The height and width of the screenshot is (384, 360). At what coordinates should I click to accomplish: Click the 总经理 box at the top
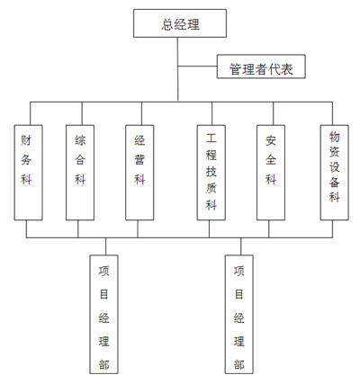coord(180,23)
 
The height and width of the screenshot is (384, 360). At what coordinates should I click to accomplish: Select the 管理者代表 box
coord(261,67)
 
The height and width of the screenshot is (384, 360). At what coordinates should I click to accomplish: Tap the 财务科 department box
coord(29,173)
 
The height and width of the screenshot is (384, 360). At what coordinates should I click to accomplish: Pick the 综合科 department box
coord(80,173)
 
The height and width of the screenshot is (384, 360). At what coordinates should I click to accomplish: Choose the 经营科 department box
coord(139,173)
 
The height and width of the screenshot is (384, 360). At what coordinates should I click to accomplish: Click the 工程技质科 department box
coord(211,173)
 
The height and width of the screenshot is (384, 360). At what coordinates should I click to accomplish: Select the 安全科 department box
coord(271,173)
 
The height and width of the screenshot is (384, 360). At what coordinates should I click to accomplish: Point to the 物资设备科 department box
coord(335,173)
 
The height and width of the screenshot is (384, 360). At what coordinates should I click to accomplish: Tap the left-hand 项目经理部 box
coord(103,315)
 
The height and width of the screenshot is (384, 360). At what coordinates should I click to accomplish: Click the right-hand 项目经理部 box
coord(239,315)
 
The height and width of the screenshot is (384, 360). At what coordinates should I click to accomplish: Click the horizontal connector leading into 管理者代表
coord(197,67)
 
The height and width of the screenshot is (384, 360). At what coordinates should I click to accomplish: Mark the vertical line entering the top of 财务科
coord(31,113)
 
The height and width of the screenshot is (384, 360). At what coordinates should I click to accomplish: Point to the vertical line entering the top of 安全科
coord(273,113)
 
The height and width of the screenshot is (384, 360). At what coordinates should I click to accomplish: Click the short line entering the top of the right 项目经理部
coord(241,246)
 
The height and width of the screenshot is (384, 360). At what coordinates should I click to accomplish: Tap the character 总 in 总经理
coord(167,24)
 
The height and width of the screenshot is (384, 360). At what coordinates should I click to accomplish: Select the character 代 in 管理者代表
coord(274,69)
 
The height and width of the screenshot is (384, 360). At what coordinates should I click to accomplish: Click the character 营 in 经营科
coord(139,159)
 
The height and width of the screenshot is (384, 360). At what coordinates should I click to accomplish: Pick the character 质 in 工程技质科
coord(211,188)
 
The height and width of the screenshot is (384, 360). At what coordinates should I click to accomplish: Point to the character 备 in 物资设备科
coord(335,182)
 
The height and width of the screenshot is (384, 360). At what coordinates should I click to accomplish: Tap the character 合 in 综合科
coord(80,159)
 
